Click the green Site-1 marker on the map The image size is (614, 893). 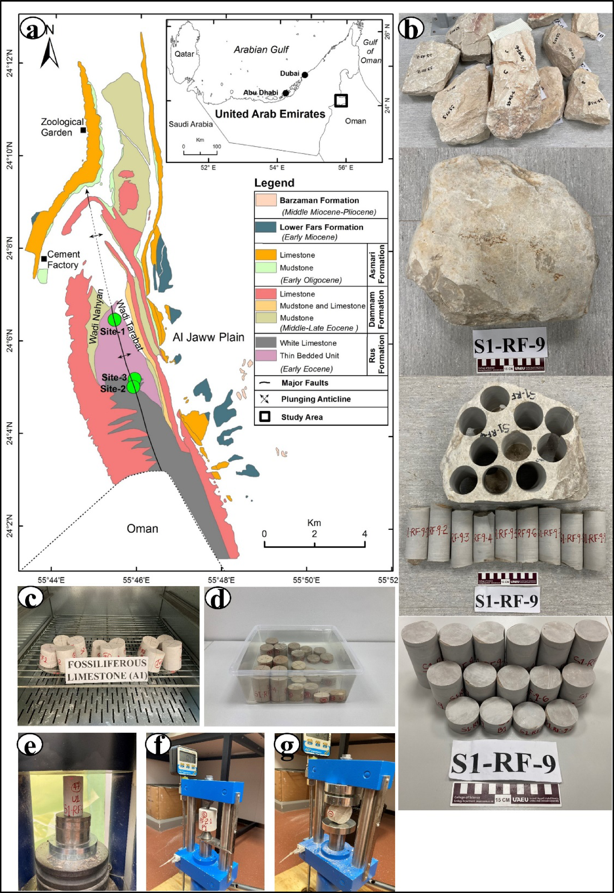click(114, 319)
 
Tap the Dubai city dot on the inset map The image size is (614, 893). click(305, 75)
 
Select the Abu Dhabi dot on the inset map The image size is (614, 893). click(286, 93)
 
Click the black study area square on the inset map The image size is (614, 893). click(341, 100)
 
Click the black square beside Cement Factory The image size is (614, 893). click(44, 259)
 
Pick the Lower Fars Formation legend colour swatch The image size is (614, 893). click(266, 227)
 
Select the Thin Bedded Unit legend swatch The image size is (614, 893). click(266, 356)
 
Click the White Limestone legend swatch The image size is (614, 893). click(266, 343)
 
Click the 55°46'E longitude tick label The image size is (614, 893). click(136, 580)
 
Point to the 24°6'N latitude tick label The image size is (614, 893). click(9, 341)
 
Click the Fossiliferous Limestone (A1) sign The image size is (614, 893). click(107, 670)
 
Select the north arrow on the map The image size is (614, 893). click(50, 50)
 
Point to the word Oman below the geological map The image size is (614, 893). click(142, 529)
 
